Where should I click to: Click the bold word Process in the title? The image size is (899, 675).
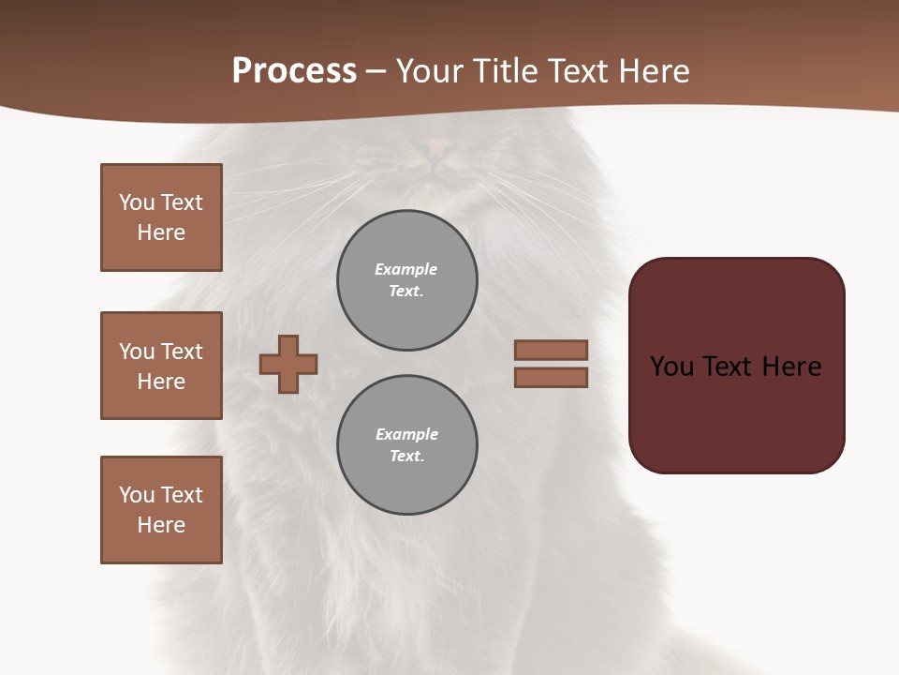(x=294, y=71)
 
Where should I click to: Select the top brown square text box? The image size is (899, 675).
(x=161, y=217)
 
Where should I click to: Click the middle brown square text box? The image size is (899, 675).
(x=161, y=366)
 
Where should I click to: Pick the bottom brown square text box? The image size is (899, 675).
(x=161, y=510)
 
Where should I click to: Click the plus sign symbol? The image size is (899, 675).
(x=288, y=364)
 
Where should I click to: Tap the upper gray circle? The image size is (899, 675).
(x=407, y=280)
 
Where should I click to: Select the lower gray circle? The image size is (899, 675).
(x=407, y=445)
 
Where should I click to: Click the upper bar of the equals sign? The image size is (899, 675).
(x=551, y=350)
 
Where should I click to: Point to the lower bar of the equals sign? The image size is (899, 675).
(x=551, y=377)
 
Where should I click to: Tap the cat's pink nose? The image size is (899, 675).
(x=438, y=146)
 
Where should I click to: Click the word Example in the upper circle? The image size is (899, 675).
(x=406, y=269)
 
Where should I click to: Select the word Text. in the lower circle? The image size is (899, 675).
(x=406, y=457)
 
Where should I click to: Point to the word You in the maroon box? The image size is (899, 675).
(x=671, y=367)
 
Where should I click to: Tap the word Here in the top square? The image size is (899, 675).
(x=161, y=232)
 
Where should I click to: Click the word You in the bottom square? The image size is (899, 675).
(x=137, y=495)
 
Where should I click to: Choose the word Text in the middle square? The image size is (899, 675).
(x=181, y=352)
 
